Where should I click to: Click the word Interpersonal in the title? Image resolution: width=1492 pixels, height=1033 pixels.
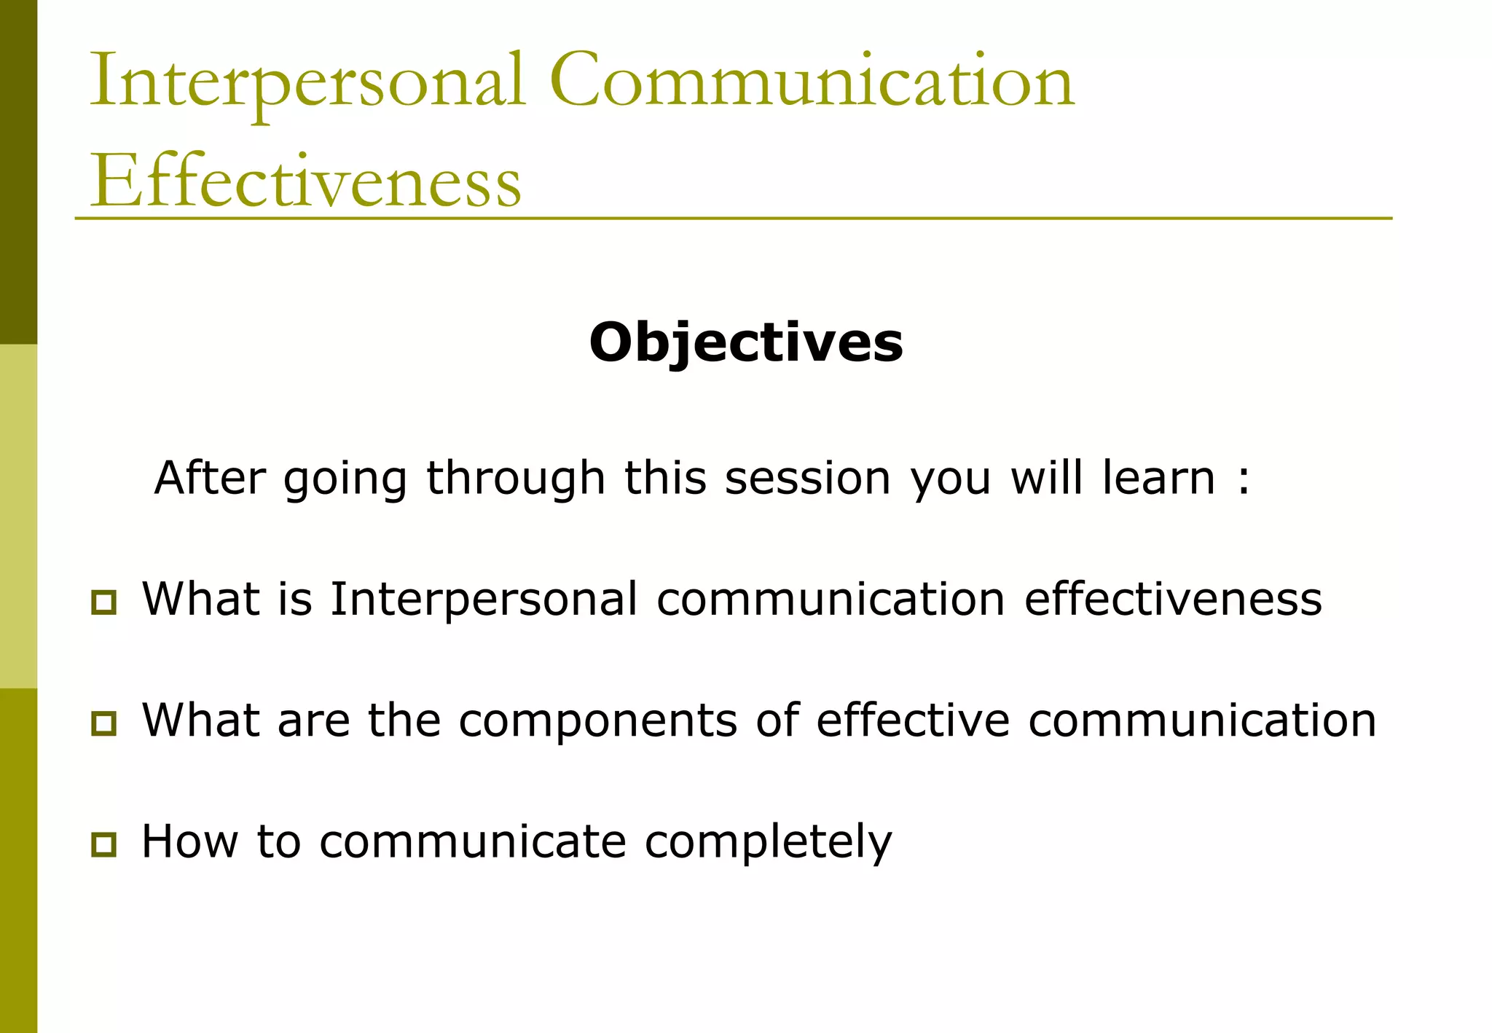tap(306, 82)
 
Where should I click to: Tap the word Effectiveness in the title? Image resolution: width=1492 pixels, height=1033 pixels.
tap(305, 182)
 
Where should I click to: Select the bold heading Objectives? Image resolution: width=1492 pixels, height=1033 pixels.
tap(746, 342)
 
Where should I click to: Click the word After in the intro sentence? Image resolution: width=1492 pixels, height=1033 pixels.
tap(210, 479)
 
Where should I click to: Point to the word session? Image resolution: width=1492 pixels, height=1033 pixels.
tap(807, 479)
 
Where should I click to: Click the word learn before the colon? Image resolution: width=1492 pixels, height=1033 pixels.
tap(1158, 479)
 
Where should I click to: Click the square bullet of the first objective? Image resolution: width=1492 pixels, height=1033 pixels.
tap(103, 602)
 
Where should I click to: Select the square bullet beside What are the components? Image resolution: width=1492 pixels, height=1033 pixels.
tap(103, 723)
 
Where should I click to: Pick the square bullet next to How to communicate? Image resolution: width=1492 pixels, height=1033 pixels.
tap(103, 844)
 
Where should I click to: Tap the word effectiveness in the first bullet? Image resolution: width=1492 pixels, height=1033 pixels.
tap(1173, 600)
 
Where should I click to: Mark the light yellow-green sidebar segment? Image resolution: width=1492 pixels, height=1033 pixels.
tap(18, 516)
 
